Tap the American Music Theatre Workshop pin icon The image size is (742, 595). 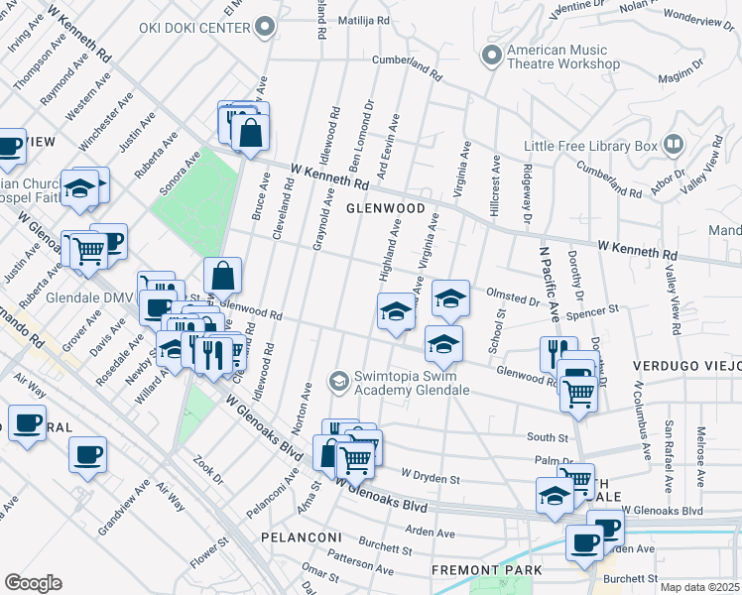(x=490, y=54)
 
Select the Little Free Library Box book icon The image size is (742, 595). (x=674, y=145)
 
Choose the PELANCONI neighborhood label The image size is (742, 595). (x=302, y=537)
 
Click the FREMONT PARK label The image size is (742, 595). (x=486, y=570)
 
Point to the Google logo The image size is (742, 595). (x=33, y=582)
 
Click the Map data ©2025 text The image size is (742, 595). (x=699, y=587)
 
